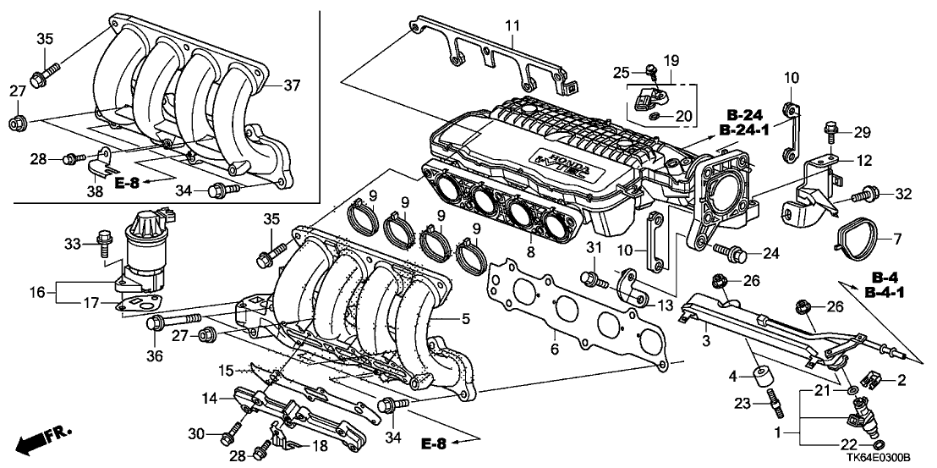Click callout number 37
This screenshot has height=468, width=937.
(x=292, y=85)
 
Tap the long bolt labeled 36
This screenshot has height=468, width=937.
(x=173, y=321)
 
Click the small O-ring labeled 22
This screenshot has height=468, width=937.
(x=877, y=444)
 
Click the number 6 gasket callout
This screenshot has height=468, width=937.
(x=554, y=347)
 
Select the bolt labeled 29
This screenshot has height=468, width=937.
(x=830, y=131)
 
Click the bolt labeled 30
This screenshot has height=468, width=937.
(x=227, y=437)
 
